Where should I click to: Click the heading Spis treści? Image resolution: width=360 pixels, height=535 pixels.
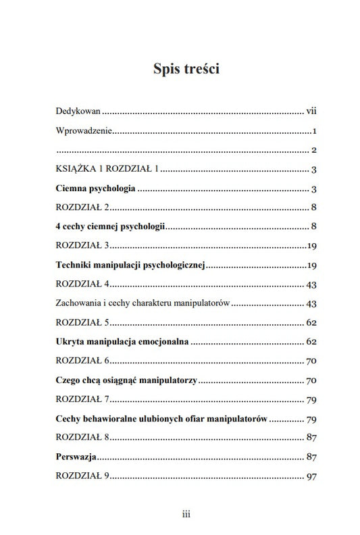pos(180,69)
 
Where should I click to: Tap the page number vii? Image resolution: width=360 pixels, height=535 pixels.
pos(311,109)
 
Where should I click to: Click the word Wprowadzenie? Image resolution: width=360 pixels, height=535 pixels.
pos(82,130)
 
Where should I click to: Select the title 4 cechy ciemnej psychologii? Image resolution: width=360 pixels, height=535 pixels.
pos(110,226)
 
